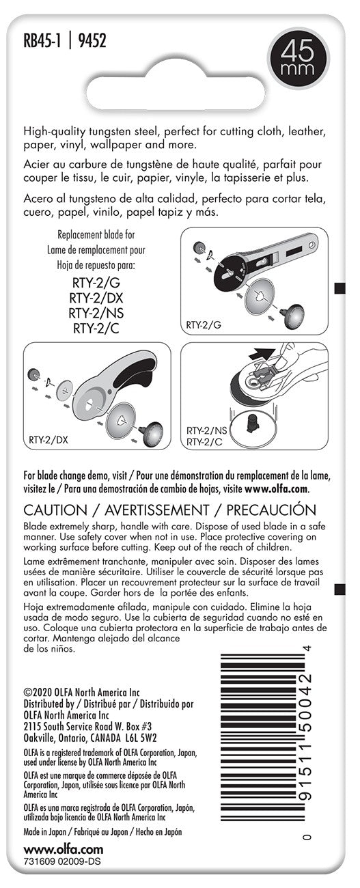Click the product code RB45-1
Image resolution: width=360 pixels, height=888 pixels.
42,40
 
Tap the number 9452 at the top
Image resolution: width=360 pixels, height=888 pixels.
92,40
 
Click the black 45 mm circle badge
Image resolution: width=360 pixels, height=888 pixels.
298,57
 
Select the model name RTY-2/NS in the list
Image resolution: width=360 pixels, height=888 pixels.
96,313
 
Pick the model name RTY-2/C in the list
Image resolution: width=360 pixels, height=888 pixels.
96,329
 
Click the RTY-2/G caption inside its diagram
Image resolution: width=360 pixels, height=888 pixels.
204,325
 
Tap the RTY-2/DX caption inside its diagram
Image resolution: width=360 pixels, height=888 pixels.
49,440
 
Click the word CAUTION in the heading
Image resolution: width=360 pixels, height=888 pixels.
55,510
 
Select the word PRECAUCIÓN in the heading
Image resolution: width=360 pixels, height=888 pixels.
271,510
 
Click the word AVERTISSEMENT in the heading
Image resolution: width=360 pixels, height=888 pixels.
156,510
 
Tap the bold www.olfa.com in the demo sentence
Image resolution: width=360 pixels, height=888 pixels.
277,489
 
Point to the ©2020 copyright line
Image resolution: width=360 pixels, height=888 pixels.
82,693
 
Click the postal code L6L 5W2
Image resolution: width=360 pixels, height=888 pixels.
141,738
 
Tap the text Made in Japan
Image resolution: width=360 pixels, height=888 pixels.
45,832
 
